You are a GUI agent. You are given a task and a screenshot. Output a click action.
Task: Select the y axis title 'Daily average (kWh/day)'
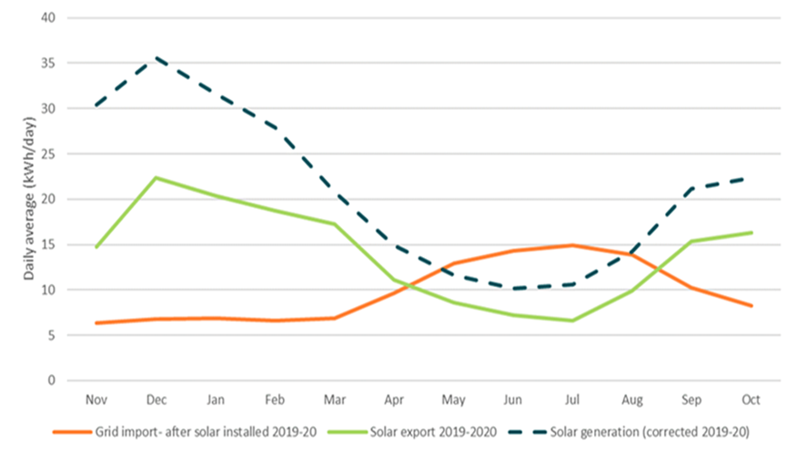point(30,199)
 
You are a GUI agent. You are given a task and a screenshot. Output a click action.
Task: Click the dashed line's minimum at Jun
point(516,289)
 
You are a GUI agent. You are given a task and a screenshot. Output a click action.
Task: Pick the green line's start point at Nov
point(96,247)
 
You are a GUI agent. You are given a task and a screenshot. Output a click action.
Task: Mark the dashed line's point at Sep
point(693,189)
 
